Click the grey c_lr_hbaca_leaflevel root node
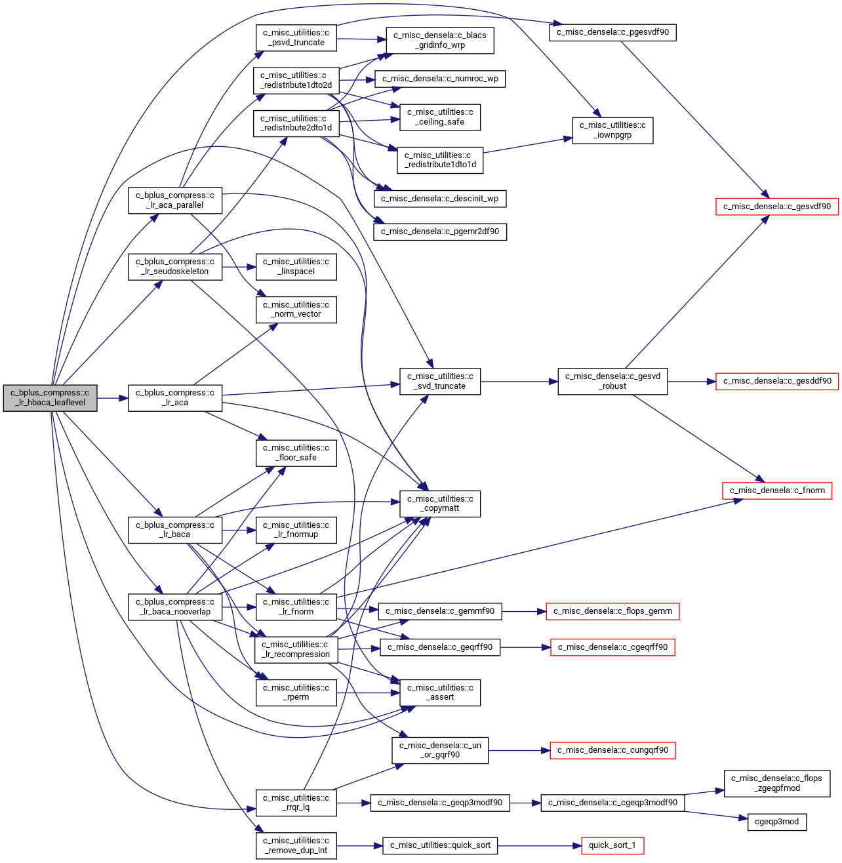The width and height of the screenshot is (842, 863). (50, 398)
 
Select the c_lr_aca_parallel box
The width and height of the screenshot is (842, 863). (175, 201)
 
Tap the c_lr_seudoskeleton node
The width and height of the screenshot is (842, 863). (175, 267)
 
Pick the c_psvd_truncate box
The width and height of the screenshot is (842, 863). (296, 37)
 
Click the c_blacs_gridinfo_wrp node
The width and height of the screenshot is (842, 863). (440, 41)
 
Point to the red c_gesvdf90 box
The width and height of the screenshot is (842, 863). (777, 207)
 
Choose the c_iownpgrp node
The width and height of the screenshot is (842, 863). (612, 130)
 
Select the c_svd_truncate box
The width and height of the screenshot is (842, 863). (440, 382)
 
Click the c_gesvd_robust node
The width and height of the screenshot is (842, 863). (612, 382)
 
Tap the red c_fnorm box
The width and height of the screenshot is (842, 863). (777, 491)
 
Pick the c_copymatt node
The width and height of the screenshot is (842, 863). (440, 504)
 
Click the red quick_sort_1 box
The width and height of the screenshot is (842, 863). (612, 846)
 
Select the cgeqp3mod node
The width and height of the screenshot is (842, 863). (777, 822)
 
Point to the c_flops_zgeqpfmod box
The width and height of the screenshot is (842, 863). (777, 784)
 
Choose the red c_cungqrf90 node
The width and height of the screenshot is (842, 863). (612, 750)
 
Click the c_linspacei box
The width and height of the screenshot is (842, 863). (296, 267)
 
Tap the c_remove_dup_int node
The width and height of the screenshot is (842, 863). (296, 846)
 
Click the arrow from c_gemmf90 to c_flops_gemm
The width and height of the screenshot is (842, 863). (524, 612)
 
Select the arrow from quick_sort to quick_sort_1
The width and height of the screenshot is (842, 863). (540, 846)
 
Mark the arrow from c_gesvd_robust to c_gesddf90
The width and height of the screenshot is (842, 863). (692, 382)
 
